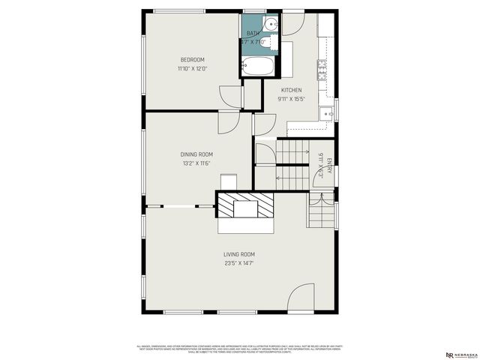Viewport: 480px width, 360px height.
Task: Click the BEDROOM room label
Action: click(191, 60)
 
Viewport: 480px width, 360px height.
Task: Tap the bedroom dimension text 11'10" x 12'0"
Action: click(191, 68)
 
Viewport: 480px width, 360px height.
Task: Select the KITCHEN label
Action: click(292, 90)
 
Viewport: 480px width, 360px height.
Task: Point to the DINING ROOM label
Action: click(196, 154)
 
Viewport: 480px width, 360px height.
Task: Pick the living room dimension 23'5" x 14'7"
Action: click(239, 263)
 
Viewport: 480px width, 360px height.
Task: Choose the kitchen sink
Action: click(326, 115)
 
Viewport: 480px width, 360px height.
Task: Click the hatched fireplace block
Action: click(245, 205)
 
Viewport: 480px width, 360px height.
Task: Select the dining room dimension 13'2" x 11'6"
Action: click(196, 163)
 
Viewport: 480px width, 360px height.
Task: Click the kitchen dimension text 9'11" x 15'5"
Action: click(292, 98)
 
